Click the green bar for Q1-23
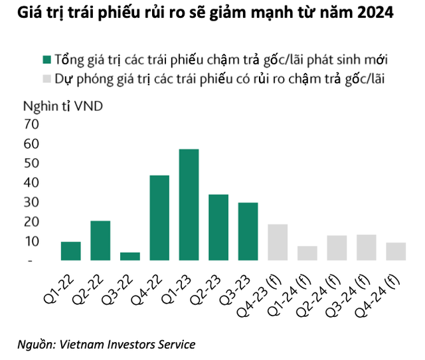click(189, 205)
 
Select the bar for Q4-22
click(159, 218)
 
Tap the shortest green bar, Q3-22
click(130, 256)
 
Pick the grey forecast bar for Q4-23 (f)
click(278, 242)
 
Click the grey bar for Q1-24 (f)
click(307, 253)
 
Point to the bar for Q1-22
click(70, 251)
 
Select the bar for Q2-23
click(218, 227)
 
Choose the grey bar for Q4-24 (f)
click(396, 252)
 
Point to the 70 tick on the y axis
click(31, 124)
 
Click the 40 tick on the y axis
click(31, 183)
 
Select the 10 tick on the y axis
click(31, 242)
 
